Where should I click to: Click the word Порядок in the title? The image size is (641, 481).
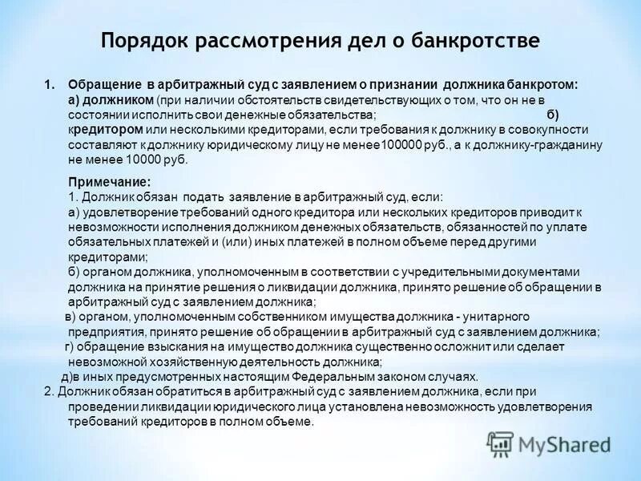[x=141, y=40]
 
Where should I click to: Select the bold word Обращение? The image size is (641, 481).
[x=103, y=85]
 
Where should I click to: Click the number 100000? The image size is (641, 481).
[x=381, y=145]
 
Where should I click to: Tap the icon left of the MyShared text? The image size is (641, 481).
[x=501, y=443]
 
